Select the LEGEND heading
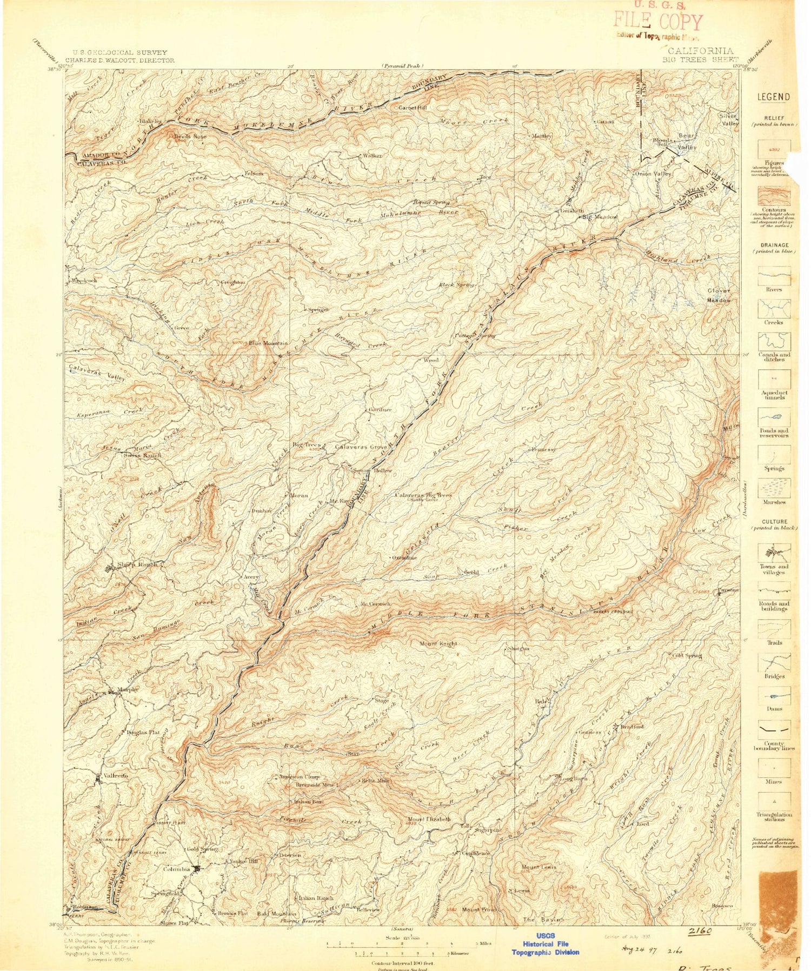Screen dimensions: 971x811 (773, 97)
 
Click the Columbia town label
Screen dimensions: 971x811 (177, 869)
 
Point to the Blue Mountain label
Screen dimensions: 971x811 (269, 343)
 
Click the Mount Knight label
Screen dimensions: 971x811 (438, 644)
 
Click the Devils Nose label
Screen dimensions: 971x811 (190, 137)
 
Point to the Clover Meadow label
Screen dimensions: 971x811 (719, 296)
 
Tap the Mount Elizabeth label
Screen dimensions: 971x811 (429, 819)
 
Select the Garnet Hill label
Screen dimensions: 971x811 (413, 108)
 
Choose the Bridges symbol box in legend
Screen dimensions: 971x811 (774, 664)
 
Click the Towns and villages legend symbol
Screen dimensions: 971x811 (774, 553)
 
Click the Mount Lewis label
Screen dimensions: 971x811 (539, 867)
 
